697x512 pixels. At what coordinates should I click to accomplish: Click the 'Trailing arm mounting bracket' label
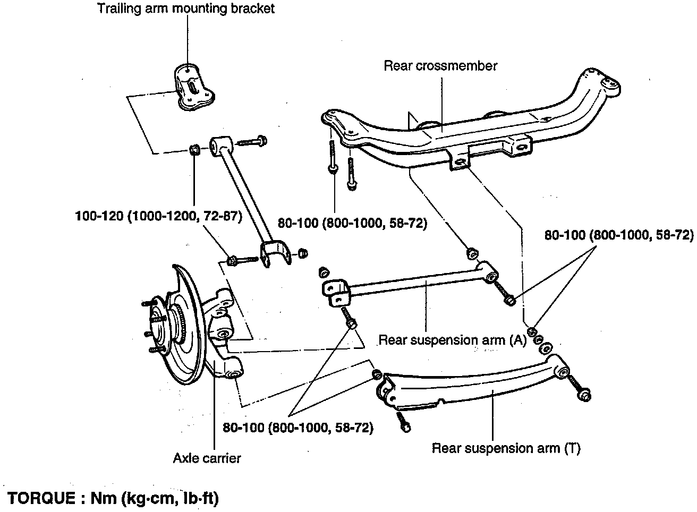(x=186, y=9)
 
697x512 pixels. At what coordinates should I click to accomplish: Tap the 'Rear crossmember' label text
(x=440, y=66)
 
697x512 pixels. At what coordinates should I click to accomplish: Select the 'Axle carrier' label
(x=207, y=458)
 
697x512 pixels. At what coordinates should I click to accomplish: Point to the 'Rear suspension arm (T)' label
(x=506, y=448)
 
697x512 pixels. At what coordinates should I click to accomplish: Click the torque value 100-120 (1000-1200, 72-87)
(x=159, y=216)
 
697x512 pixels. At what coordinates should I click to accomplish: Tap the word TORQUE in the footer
(x=41, y=498)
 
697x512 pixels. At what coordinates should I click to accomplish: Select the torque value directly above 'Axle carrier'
(x=298, y=428)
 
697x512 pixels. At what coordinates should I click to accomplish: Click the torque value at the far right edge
(x=619, y=235)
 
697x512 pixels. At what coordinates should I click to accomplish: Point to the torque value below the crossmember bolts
(x=352, y=223)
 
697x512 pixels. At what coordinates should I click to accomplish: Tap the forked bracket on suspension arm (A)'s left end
(x=336, y=293)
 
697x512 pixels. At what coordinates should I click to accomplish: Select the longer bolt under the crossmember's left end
(x=333, y=157)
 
